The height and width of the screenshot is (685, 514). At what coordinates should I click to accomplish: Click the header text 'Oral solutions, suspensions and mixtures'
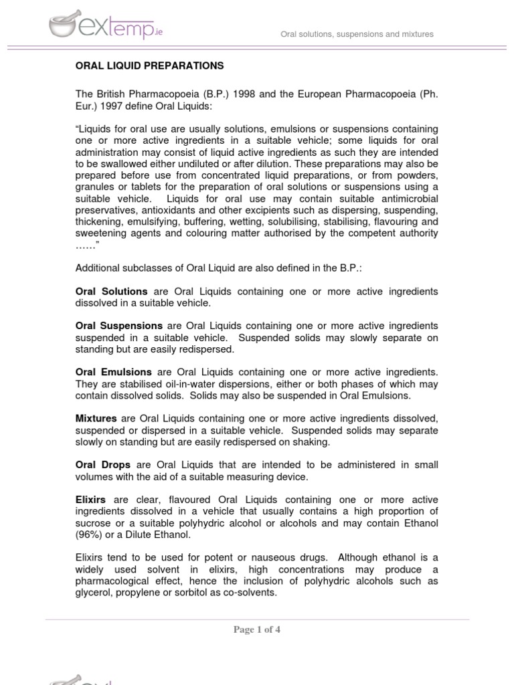coord(357,34)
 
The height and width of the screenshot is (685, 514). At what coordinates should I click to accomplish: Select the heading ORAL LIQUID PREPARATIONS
coord(149,66)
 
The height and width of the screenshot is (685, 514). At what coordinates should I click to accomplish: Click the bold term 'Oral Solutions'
coord(111,292)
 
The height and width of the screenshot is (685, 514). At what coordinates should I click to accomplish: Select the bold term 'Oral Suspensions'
coord(118,325)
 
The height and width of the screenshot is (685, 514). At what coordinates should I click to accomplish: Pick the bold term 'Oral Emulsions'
coord(113,371)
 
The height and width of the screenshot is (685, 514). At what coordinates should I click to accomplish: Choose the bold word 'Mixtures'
coord(96,418)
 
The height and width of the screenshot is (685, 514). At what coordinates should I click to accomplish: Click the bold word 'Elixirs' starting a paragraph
coord(92,500)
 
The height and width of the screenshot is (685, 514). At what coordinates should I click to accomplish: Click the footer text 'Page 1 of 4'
coord(256,629)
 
